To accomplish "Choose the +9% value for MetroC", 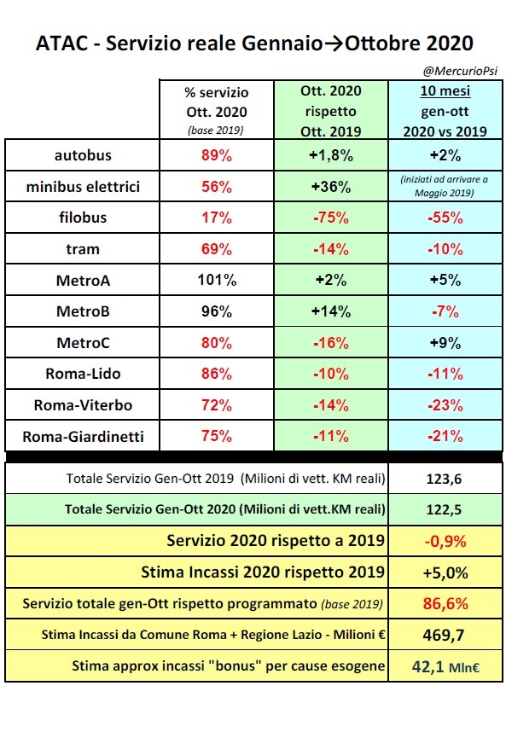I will [x=443, y=343].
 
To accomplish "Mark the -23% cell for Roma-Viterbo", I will [x=443, y=405].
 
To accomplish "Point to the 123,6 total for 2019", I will [x=443, y=479].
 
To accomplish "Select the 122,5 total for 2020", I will [x=443, y=509].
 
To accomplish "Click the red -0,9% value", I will [x=443, y=541].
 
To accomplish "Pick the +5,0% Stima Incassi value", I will [x=443, y=572].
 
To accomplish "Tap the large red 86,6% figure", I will [x=443, y=604].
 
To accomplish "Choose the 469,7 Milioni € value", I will [x=443, y=636].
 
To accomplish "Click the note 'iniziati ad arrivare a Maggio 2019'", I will [x=443, y=186].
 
